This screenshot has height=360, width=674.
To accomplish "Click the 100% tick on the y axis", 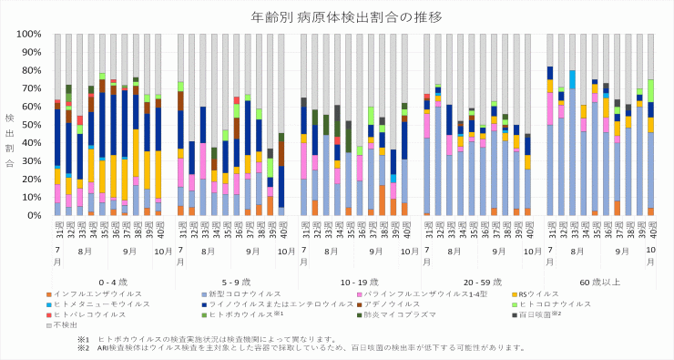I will [30, 35].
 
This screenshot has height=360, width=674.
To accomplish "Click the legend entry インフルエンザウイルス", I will [96, 294].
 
